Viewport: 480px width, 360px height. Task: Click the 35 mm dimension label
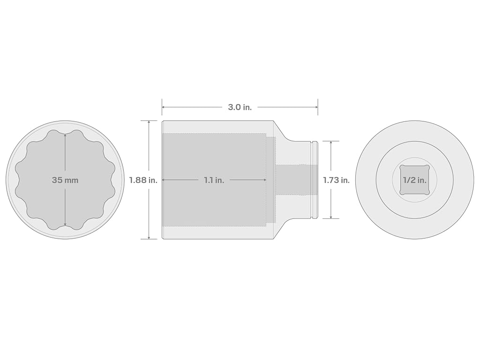[65, 180]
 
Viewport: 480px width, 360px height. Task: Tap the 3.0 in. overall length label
[240, 107]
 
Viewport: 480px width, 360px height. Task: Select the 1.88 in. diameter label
[143, 180]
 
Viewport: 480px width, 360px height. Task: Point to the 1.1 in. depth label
[214, 180]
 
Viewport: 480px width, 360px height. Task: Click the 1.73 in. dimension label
[336, 180]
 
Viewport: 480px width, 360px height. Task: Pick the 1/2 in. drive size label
[415, 180]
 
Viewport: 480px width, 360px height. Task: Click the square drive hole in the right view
[415, 180]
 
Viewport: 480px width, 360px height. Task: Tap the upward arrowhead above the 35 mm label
[65, 135]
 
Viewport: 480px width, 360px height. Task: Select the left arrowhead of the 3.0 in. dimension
[164, 107]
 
